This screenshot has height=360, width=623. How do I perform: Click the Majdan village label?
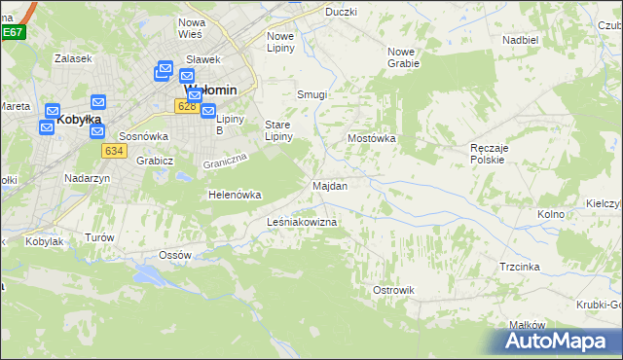[329, 185]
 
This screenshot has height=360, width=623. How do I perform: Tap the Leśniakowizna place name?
[302, 223]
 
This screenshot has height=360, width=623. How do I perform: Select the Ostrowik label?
[394, 290]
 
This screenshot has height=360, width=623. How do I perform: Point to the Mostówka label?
[372, 139]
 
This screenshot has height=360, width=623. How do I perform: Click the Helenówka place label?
[235, 195]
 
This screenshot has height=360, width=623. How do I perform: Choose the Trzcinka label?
[520, 266]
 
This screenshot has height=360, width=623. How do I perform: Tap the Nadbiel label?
[521, 40]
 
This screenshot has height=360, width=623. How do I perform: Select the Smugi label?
[311, 94]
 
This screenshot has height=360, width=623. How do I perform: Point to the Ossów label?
[175, 255]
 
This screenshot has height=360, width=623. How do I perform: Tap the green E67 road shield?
[12, 32]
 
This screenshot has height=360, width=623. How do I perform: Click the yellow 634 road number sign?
[113, 151]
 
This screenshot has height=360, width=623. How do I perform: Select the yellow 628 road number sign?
[188, 105]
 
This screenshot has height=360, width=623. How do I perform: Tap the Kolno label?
[551, 214]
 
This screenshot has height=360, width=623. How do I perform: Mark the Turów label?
[99, 237]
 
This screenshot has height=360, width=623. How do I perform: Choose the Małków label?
[526, 326]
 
